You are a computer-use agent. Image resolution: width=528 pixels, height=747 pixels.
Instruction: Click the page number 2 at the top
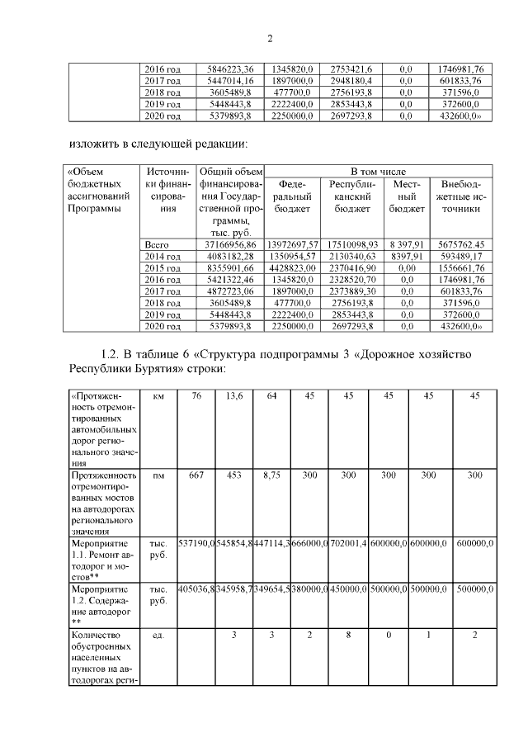269,38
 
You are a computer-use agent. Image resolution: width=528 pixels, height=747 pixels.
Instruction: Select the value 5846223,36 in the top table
229,69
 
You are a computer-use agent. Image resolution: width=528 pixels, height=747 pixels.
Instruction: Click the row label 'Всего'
157,245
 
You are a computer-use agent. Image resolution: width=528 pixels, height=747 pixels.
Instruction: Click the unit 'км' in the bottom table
158,396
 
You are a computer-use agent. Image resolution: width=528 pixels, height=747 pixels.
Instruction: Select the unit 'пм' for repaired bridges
158,476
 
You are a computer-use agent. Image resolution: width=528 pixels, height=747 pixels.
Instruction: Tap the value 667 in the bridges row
196,476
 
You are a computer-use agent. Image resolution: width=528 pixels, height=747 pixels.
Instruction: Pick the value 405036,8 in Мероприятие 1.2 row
196,590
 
